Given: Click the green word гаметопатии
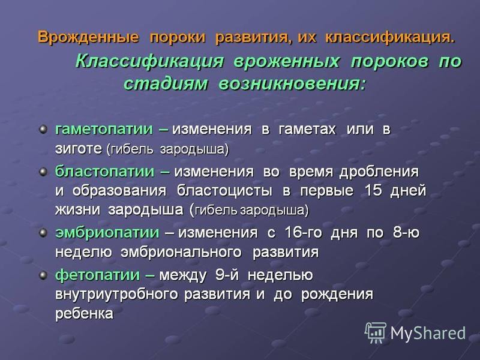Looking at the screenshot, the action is point(104,129).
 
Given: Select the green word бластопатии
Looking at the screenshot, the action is point(104,172).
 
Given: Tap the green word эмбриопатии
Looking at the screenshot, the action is point(107,233).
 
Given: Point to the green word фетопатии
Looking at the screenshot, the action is point(97,275).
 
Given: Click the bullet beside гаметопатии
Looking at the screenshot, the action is point(43,129).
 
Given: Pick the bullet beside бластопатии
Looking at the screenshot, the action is point(43,172).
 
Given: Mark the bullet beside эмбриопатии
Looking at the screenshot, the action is point(43,233).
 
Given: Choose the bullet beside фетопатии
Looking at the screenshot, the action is point(43,275).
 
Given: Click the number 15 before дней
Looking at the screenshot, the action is point(373,190).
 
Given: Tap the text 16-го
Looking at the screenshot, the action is point(304,233).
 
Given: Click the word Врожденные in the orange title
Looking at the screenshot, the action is point(88,37).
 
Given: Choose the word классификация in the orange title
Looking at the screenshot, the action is point(390,37).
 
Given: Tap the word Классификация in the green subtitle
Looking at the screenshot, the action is point(149,61).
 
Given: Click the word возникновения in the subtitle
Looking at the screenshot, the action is point(292,83).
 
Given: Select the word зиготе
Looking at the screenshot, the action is point(79,149).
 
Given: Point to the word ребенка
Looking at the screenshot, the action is point(84,314).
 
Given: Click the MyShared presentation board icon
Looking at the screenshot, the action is point(376,332).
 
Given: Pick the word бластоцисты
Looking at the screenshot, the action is point(224,191).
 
